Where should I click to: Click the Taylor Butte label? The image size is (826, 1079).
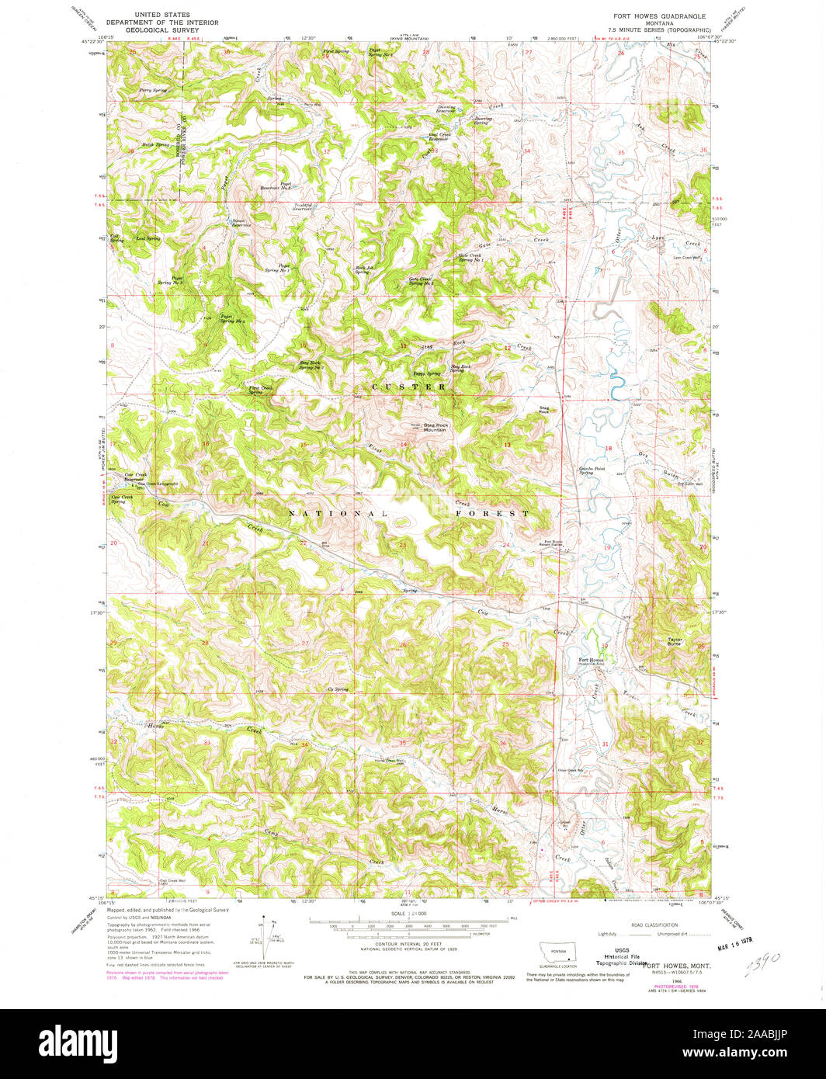pyautogui.click(x=674, y=642)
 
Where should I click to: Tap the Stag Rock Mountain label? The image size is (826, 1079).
pyautogui.click(x=434, y=427)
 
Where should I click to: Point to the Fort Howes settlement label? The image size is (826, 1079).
pyautogui.click(x=591, y=661)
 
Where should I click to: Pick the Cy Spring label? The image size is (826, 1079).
pyautogui.click(x=338, y=689)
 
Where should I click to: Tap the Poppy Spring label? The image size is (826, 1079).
pyautogui.click(x=427, y=373)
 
